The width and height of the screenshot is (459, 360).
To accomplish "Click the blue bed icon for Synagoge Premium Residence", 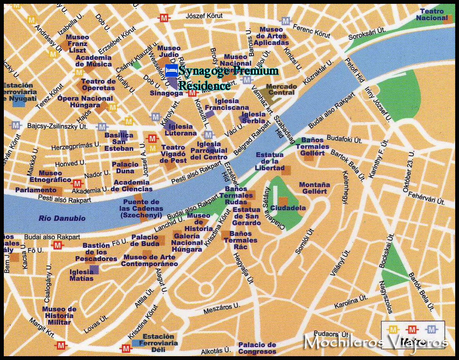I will [171, 71].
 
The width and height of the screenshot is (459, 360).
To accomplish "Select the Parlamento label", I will [36, 190].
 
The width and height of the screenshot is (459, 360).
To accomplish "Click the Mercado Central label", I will [281, 89].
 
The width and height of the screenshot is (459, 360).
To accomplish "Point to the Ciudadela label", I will [288, 208].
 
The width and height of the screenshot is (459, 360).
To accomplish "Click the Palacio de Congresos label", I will [257, 348].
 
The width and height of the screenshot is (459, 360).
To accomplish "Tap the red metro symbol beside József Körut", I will [164, 18].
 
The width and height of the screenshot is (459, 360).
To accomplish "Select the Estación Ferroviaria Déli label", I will [158, 343].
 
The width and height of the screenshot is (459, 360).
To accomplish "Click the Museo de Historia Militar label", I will [59, 316].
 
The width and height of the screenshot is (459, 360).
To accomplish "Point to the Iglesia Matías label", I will [81, 275].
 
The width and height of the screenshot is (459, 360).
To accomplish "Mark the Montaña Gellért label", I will [314, 188].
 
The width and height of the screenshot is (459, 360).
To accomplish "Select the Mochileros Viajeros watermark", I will [376, 341].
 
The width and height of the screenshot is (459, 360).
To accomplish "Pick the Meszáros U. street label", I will [221, 308].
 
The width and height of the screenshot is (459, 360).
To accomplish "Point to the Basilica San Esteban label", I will [119, 142].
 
